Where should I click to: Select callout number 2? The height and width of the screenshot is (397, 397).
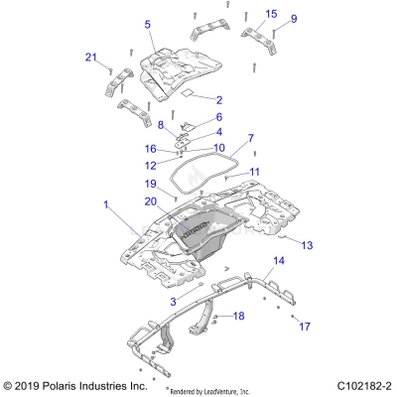pos(219,100)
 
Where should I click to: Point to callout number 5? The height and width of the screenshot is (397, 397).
pos(147,24)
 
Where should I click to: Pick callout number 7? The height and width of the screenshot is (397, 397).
pos(223,138)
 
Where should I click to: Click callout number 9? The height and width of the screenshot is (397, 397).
pos(293,18)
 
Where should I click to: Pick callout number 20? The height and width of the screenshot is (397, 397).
pos(153,201)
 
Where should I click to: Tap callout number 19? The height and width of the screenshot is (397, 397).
pos(153,184)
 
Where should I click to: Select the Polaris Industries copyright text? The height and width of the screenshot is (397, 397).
pos(76,384)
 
